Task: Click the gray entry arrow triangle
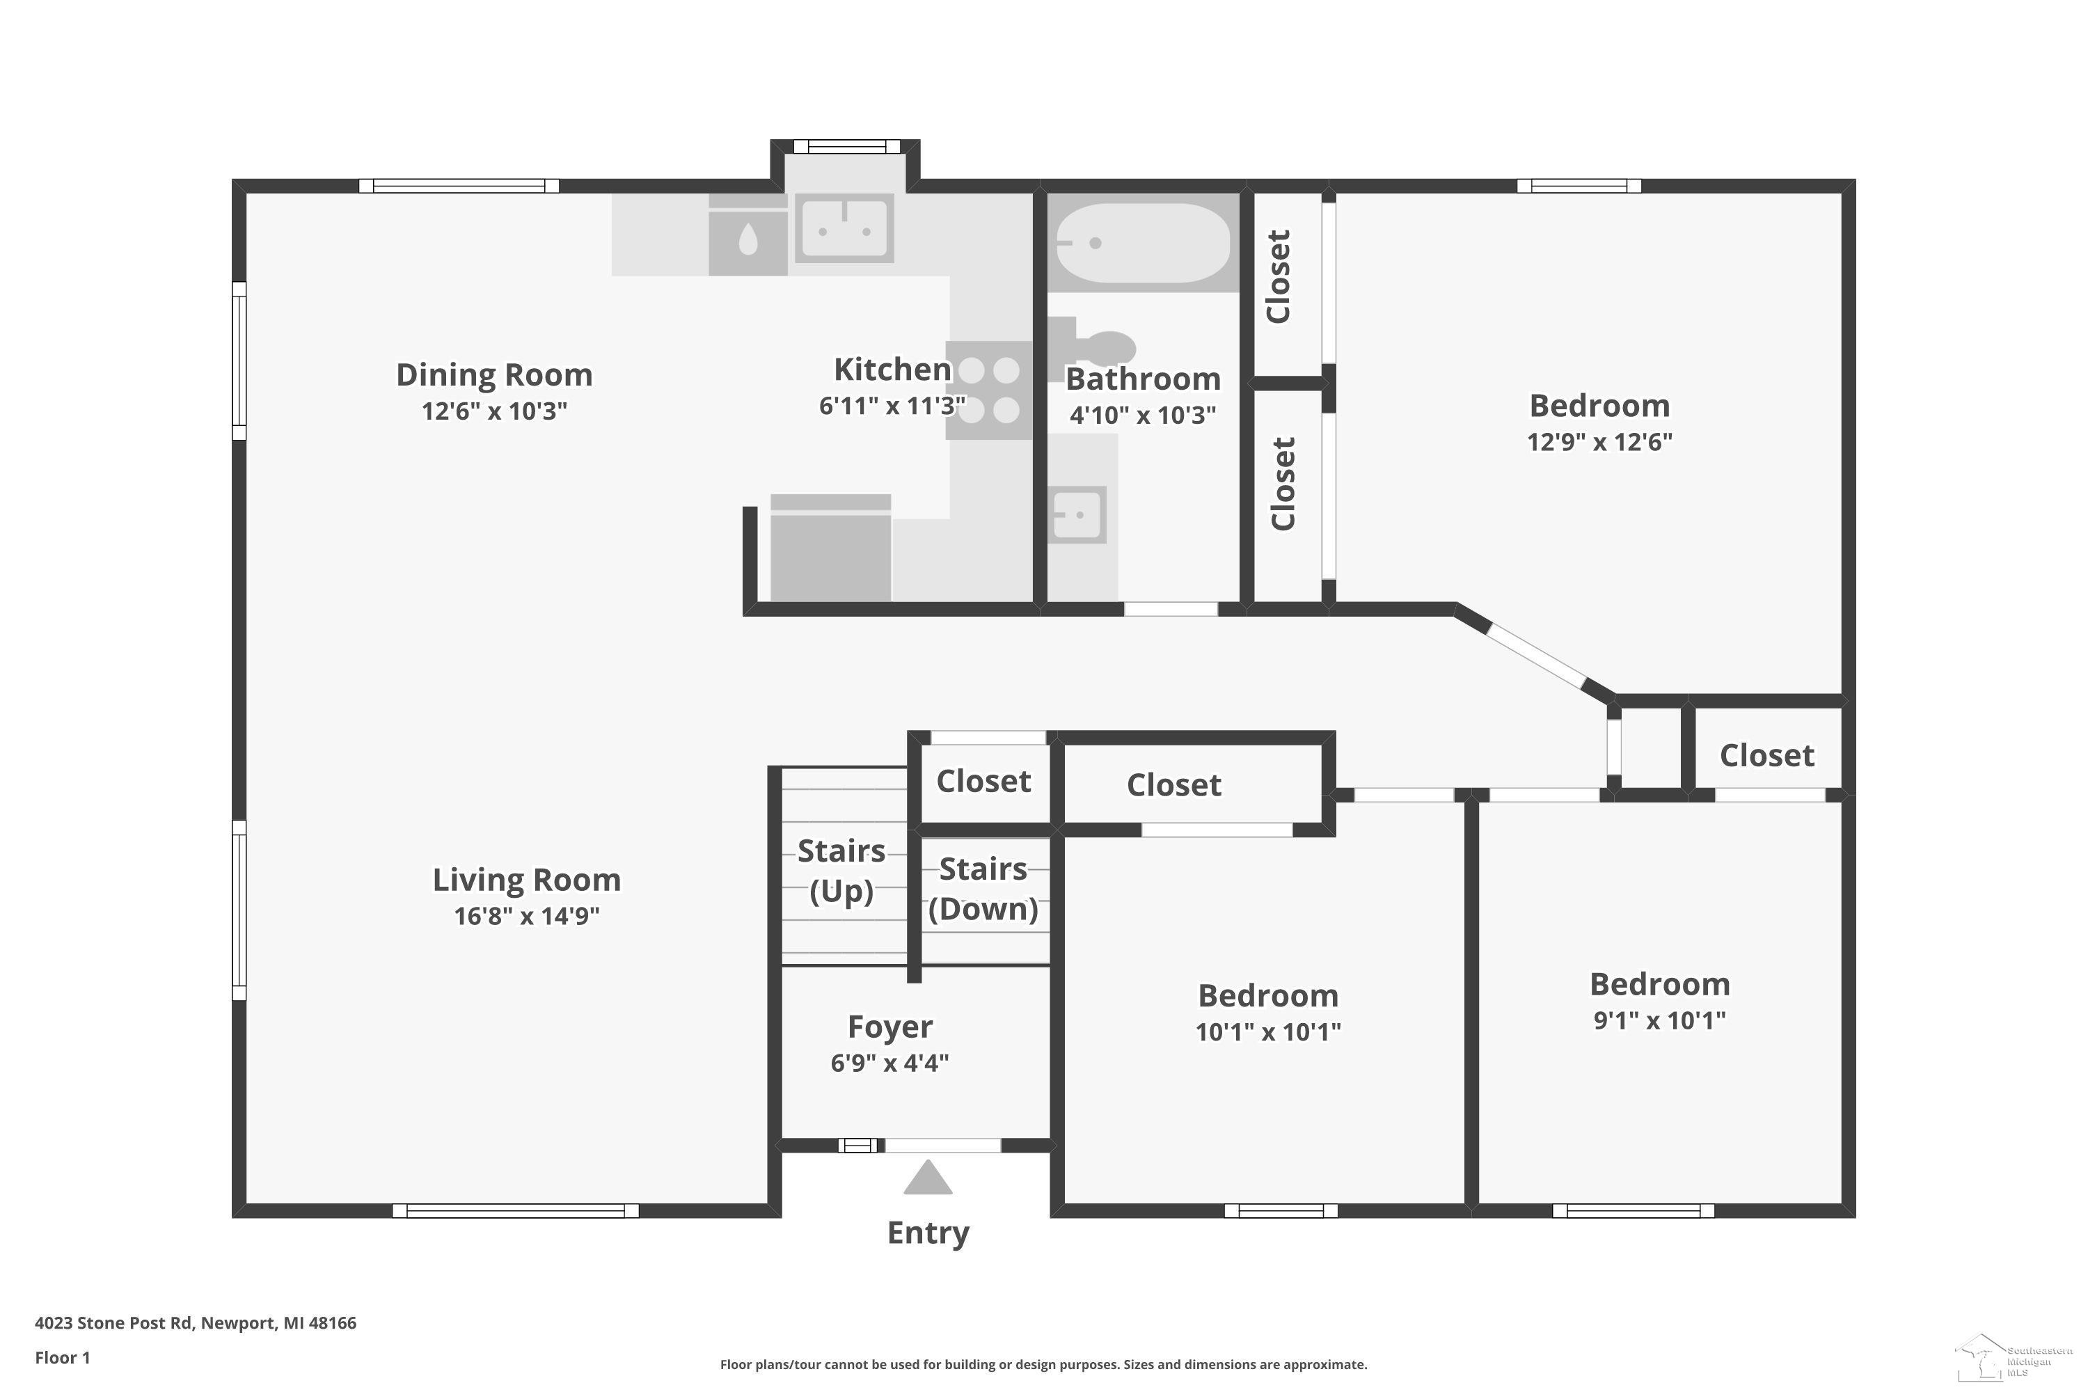[928, 1179]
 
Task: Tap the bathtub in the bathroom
[1143, 242]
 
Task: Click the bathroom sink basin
[1077, 514]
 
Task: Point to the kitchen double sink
[844, 228]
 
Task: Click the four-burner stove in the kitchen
[989, 390]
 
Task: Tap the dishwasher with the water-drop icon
[748, 236]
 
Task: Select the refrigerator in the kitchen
[830, 548]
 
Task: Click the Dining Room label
[494, 374]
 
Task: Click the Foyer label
[889, 1027]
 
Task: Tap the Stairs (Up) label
[841, 871]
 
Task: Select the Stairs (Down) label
[983, 889]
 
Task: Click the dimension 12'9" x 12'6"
[1599, 441]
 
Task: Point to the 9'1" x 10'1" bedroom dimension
[1659, 1020]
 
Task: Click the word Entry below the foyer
[928, 1233]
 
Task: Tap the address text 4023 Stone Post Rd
[113, 1323]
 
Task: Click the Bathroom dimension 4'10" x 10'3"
[1143, 415]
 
